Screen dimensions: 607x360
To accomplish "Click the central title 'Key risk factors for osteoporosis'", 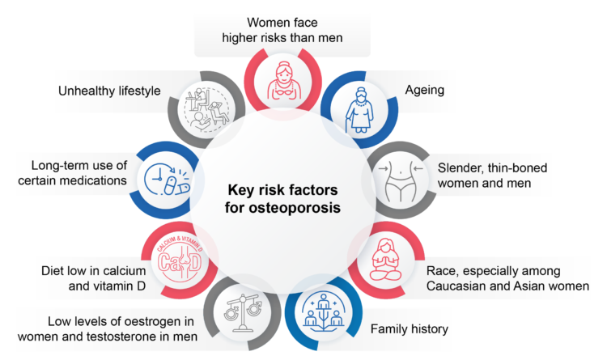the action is (282, 198).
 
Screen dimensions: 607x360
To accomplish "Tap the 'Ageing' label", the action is (425, 90).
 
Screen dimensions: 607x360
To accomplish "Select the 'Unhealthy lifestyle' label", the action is (109, 91).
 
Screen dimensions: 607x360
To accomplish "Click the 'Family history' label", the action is (410, 329).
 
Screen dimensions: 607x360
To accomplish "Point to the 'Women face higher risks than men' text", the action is (282, 30).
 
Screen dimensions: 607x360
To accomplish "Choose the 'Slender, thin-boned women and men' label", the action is (492, 176).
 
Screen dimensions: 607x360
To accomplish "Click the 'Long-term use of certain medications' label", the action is (72, 172).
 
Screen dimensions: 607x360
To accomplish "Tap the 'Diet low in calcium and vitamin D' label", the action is (94, 278).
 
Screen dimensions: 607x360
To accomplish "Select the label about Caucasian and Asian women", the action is (508, 278).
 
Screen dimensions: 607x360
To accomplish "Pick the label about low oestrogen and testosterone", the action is (108, 329).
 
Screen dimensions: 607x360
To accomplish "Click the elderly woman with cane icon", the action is (360, 110).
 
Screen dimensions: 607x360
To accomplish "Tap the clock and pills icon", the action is (168, 180).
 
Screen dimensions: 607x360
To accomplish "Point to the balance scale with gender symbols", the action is (243, 313).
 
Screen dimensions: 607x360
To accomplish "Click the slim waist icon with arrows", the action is (401, 180).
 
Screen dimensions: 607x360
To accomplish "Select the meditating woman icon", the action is (385, 260).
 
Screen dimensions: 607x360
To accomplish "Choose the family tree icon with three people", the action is (323, 312).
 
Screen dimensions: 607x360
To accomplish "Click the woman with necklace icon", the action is (283, 81).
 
